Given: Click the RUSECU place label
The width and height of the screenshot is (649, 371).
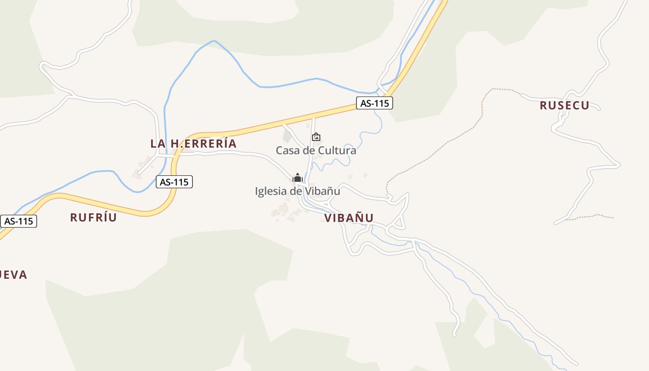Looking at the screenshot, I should [564, 106].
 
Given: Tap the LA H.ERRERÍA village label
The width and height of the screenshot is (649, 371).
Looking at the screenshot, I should [193, 144].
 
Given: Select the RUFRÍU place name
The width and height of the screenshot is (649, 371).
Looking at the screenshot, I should [93, 217].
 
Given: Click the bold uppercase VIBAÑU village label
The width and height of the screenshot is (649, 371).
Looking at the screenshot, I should [349, 218].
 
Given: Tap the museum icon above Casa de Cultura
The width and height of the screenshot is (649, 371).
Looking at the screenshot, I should [316, 137].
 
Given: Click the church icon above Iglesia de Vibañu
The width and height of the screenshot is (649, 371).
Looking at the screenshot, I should [297, 178].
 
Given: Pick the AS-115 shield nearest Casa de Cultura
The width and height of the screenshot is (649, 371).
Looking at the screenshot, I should [374, 103].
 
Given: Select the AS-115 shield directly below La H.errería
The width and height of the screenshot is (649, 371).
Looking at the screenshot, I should [174, 182].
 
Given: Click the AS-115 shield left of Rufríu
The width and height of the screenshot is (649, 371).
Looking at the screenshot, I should [19, 221].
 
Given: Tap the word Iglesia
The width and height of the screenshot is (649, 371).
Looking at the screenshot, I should [270, 191].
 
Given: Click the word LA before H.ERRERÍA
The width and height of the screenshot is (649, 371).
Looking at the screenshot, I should [158, 144].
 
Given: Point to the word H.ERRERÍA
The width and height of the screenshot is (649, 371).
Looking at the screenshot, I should [204, 144].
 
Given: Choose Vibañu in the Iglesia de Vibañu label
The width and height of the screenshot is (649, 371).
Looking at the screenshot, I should [323, 191].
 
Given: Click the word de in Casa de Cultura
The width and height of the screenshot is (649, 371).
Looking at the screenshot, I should [309, 151].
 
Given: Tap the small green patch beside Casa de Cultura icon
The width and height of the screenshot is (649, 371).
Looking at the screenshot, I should [287, 136].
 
